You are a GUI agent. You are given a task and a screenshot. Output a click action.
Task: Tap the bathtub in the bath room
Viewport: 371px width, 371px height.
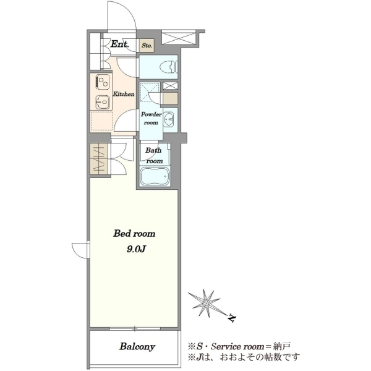(155, 176)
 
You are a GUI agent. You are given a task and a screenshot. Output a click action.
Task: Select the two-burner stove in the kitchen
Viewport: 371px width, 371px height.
(103, 82)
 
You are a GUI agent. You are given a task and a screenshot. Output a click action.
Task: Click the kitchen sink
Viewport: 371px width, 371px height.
(103, 102)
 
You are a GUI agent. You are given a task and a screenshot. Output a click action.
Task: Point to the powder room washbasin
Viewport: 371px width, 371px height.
(168, 117)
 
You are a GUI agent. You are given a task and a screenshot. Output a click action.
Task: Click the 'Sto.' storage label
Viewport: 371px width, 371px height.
(147, 45)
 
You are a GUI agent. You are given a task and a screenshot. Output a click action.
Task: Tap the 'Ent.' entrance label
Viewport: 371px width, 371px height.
(120, 44)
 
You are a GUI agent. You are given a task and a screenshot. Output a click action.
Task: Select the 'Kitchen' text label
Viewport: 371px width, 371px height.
(124, 94)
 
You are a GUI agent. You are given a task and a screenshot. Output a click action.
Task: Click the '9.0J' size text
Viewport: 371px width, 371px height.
(135, 249)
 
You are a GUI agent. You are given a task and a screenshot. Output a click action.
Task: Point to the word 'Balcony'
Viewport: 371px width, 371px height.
(137, 347)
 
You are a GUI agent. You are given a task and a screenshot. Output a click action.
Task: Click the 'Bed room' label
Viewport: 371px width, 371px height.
(134, 234)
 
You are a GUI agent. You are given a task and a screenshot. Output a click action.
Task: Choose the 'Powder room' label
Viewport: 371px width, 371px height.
(151, 119)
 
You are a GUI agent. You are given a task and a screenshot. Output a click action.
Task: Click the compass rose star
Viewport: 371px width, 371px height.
(206, 303)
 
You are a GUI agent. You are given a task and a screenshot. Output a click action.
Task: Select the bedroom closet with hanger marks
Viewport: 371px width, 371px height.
(99, 159)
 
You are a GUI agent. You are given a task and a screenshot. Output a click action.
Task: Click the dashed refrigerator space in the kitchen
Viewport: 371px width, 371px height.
(101, 121)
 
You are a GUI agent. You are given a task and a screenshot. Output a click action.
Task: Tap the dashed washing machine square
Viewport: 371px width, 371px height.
(149, 92)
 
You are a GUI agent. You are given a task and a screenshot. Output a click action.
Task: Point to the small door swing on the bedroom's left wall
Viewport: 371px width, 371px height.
(80, 250)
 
